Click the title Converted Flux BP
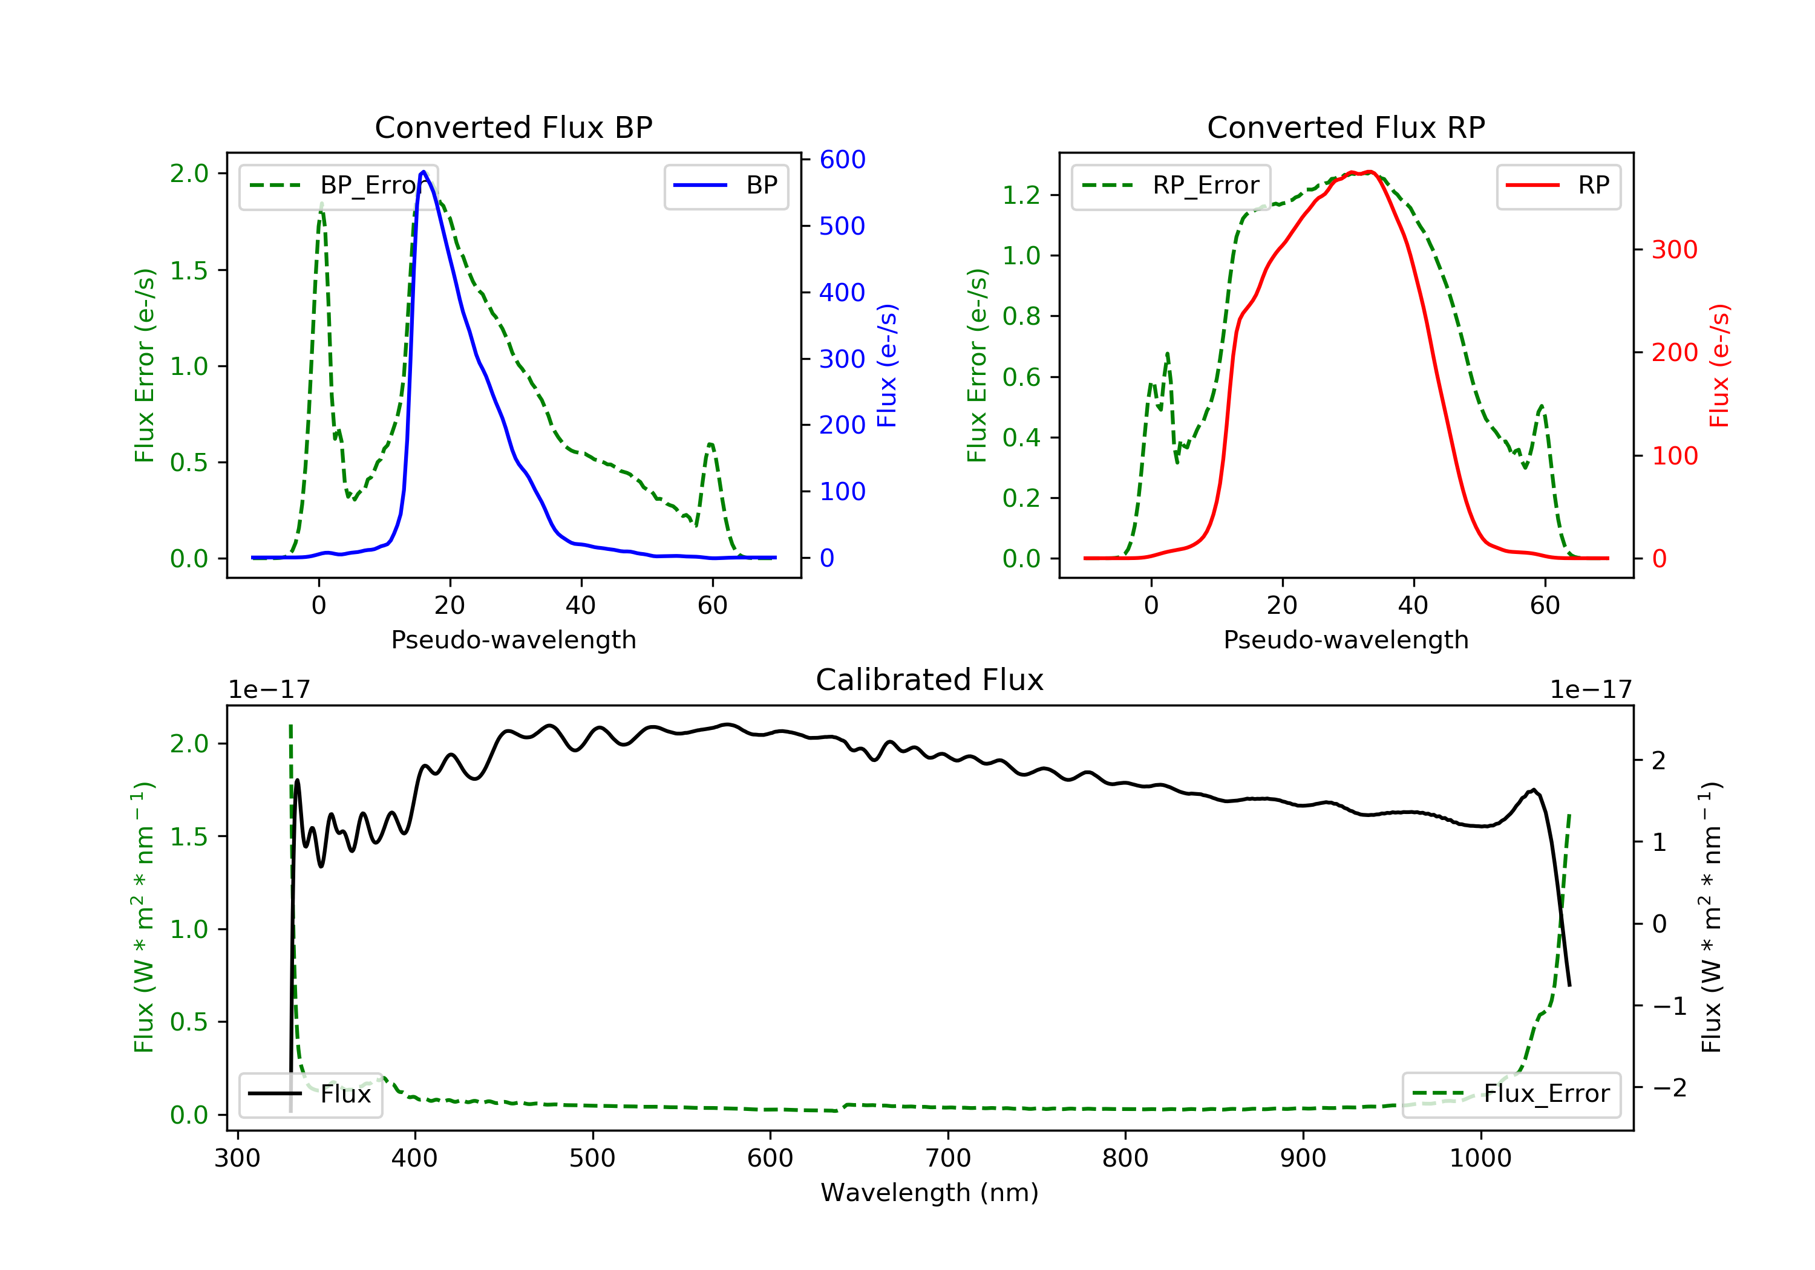513,127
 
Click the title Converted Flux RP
1346,127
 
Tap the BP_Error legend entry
338,186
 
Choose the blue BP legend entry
725,186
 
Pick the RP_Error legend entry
1171,186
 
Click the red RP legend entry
1558,186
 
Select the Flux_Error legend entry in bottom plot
1511,1094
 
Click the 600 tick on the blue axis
842,160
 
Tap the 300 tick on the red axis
1674,250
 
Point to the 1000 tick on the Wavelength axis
1480,1159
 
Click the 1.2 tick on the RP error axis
1021,195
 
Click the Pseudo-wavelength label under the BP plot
513,639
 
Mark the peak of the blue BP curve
423,172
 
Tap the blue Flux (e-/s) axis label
887,365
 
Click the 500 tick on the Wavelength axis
592,1159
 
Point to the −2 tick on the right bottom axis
1669,1088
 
